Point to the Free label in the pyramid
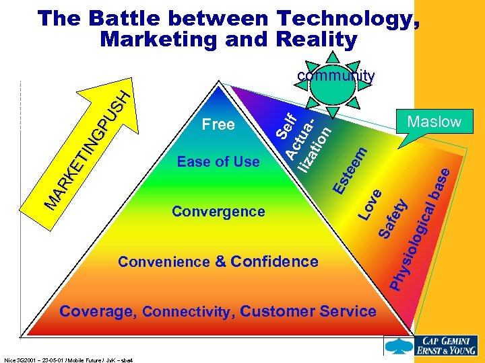click(218, 124)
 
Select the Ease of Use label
click(218, 161)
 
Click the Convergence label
click(218, 211)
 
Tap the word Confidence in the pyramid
click(275, 261)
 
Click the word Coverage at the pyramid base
click(98, 311)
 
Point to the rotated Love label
click(370, 204)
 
